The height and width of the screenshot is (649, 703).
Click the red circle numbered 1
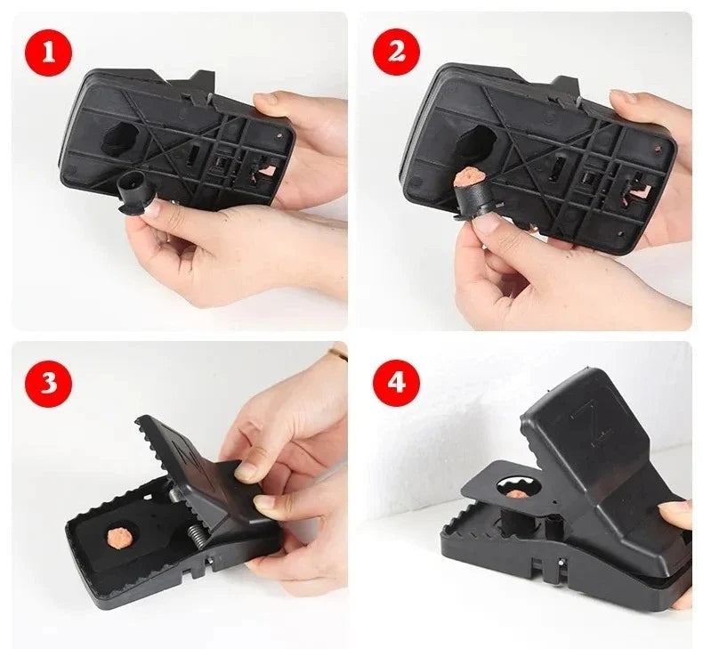tap(48, 53)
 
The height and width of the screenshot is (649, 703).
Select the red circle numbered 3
tap(48, 384)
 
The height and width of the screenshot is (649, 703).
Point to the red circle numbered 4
tap(396, 383)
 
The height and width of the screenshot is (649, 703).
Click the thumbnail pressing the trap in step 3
tap(246, 471)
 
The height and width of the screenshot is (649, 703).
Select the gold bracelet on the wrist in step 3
tap(337, 352)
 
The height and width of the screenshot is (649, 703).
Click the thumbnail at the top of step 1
tap(265, 99)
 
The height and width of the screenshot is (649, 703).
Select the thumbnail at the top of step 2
tap(621, 96)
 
